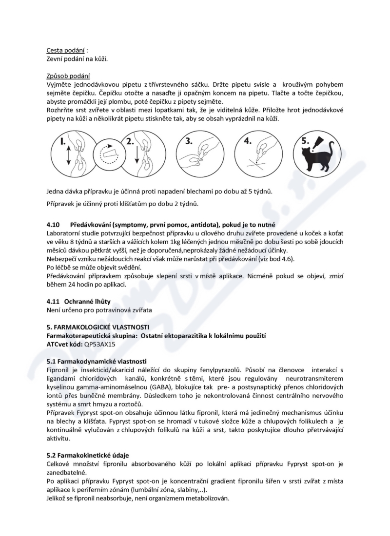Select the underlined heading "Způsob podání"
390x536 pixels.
pyautogui.click(x=68, y=76)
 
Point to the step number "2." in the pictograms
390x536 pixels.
pyautogui.click(x=129, y=142)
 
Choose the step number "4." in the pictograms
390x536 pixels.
pyautogui.click(x=247, y=141)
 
